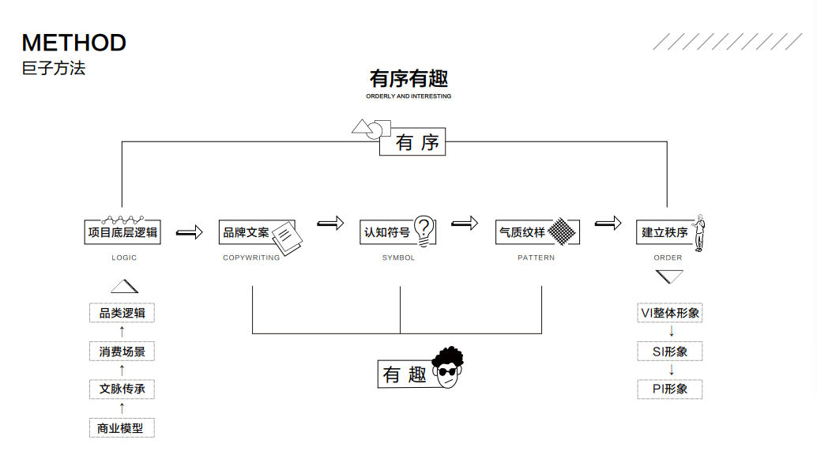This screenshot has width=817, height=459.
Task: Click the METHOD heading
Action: pyautogui.click(x=74, y=43)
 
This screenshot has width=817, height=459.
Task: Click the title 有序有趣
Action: pyautogui.click(x=408, y=79)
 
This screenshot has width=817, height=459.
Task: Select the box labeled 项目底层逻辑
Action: pyautogui.click(x=122, y=232)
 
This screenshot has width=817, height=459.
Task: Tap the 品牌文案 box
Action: pyautogui.click(x=246, y=232)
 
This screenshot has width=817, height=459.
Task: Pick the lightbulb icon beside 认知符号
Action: pyautogui.click(x=424, y=229)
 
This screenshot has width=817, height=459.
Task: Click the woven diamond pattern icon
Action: pyautogui.click(x=562, y=231)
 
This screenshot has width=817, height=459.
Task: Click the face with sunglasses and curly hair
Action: pyautogui.click(x=448, y=367)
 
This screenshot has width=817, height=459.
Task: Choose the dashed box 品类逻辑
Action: pyautogui.click(x=122, y=313)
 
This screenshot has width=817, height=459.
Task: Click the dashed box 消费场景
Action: pyautogui.click(x=122, y=352)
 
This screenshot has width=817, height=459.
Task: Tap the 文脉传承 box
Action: pyautogui.click(x=122, y=389)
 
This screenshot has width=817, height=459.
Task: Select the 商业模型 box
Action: pyautogui.click(x=122, y=428)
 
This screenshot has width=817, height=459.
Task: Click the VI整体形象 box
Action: pyautogui.click(x=670, y=313)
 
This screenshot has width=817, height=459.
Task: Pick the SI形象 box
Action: pyautogui.click(x=670, y=352)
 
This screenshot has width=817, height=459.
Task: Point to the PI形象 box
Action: pyautogui.click(x=670, y=389)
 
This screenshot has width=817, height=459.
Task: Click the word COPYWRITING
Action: pyautogui.click(x=251, y=258)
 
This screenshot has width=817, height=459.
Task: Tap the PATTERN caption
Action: pyautogui.click(x=537, y=258)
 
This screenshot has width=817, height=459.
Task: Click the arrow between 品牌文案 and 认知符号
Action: pyautogui.click(x=331, y=224)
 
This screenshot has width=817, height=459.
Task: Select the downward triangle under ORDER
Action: pyautogui.click(x=669, y=277)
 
